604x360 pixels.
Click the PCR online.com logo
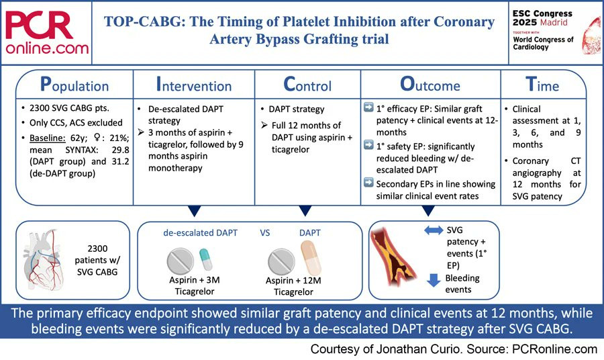click(46, 33)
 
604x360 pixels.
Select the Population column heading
click(74, 85)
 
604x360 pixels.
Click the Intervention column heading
click(194, 85)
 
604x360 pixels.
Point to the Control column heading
click(307, 85)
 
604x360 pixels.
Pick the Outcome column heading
click(430, 85)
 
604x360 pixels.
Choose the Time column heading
click(542, 85)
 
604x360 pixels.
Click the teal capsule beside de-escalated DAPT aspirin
click(206, 259)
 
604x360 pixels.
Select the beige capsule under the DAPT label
click(311, 257)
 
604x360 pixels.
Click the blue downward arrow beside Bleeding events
click(434, 280)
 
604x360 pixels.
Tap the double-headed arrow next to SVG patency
click(434, 230)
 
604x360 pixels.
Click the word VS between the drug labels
click(264, 233)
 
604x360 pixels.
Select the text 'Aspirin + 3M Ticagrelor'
click(195, 285)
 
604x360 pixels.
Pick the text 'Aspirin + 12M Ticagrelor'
click(293, 286)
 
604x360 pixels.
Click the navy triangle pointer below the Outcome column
click(428, 210)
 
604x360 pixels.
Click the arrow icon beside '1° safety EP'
click(368, 145)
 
